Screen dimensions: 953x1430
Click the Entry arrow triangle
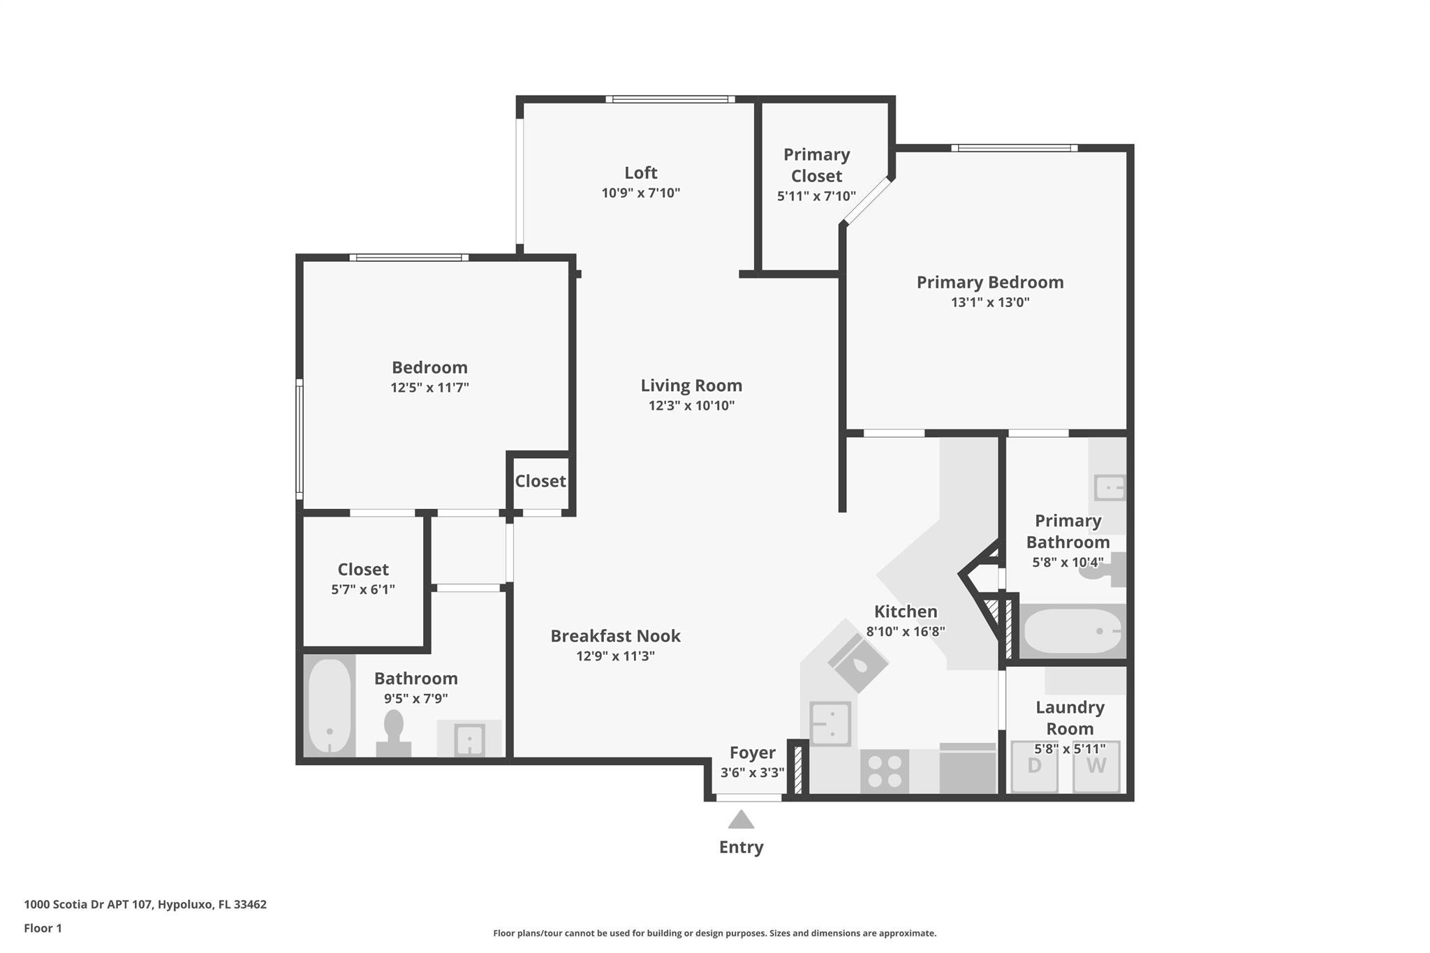(x=741, y=819)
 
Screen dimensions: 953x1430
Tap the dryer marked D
(x=1034, y=767)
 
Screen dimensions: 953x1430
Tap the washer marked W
(x=1096, y=767)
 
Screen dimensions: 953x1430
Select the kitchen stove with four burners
(x=884, y=771)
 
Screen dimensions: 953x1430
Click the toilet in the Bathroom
(x=394, y=733)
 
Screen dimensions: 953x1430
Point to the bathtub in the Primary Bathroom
(x=1071, y=631)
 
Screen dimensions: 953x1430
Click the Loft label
(x=640, y=172)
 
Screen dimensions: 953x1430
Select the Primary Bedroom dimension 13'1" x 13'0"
(x=990, y=302)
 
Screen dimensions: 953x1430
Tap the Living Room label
(x=691, y=385)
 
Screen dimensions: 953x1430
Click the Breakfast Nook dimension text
(x=615, y=656)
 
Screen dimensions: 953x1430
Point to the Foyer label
(x=752, y=753)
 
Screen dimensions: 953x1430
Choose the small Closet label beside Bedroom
(x=540, y=481)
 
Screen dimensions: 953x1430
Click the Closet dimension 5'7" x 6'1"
(x=363, y=589)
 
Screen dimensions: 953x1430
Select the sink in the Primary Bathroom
(x=1110, y=487)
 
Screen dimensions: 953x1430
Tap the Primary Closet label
(x=816, y=165)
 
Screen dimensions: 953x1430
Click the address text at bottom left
(x=145, y=904)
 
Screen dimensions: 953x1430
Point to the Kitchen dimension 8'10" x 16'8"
(x=906, y=632)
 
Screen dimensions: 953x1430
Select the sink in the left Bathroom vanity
(x=469, y=739)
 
